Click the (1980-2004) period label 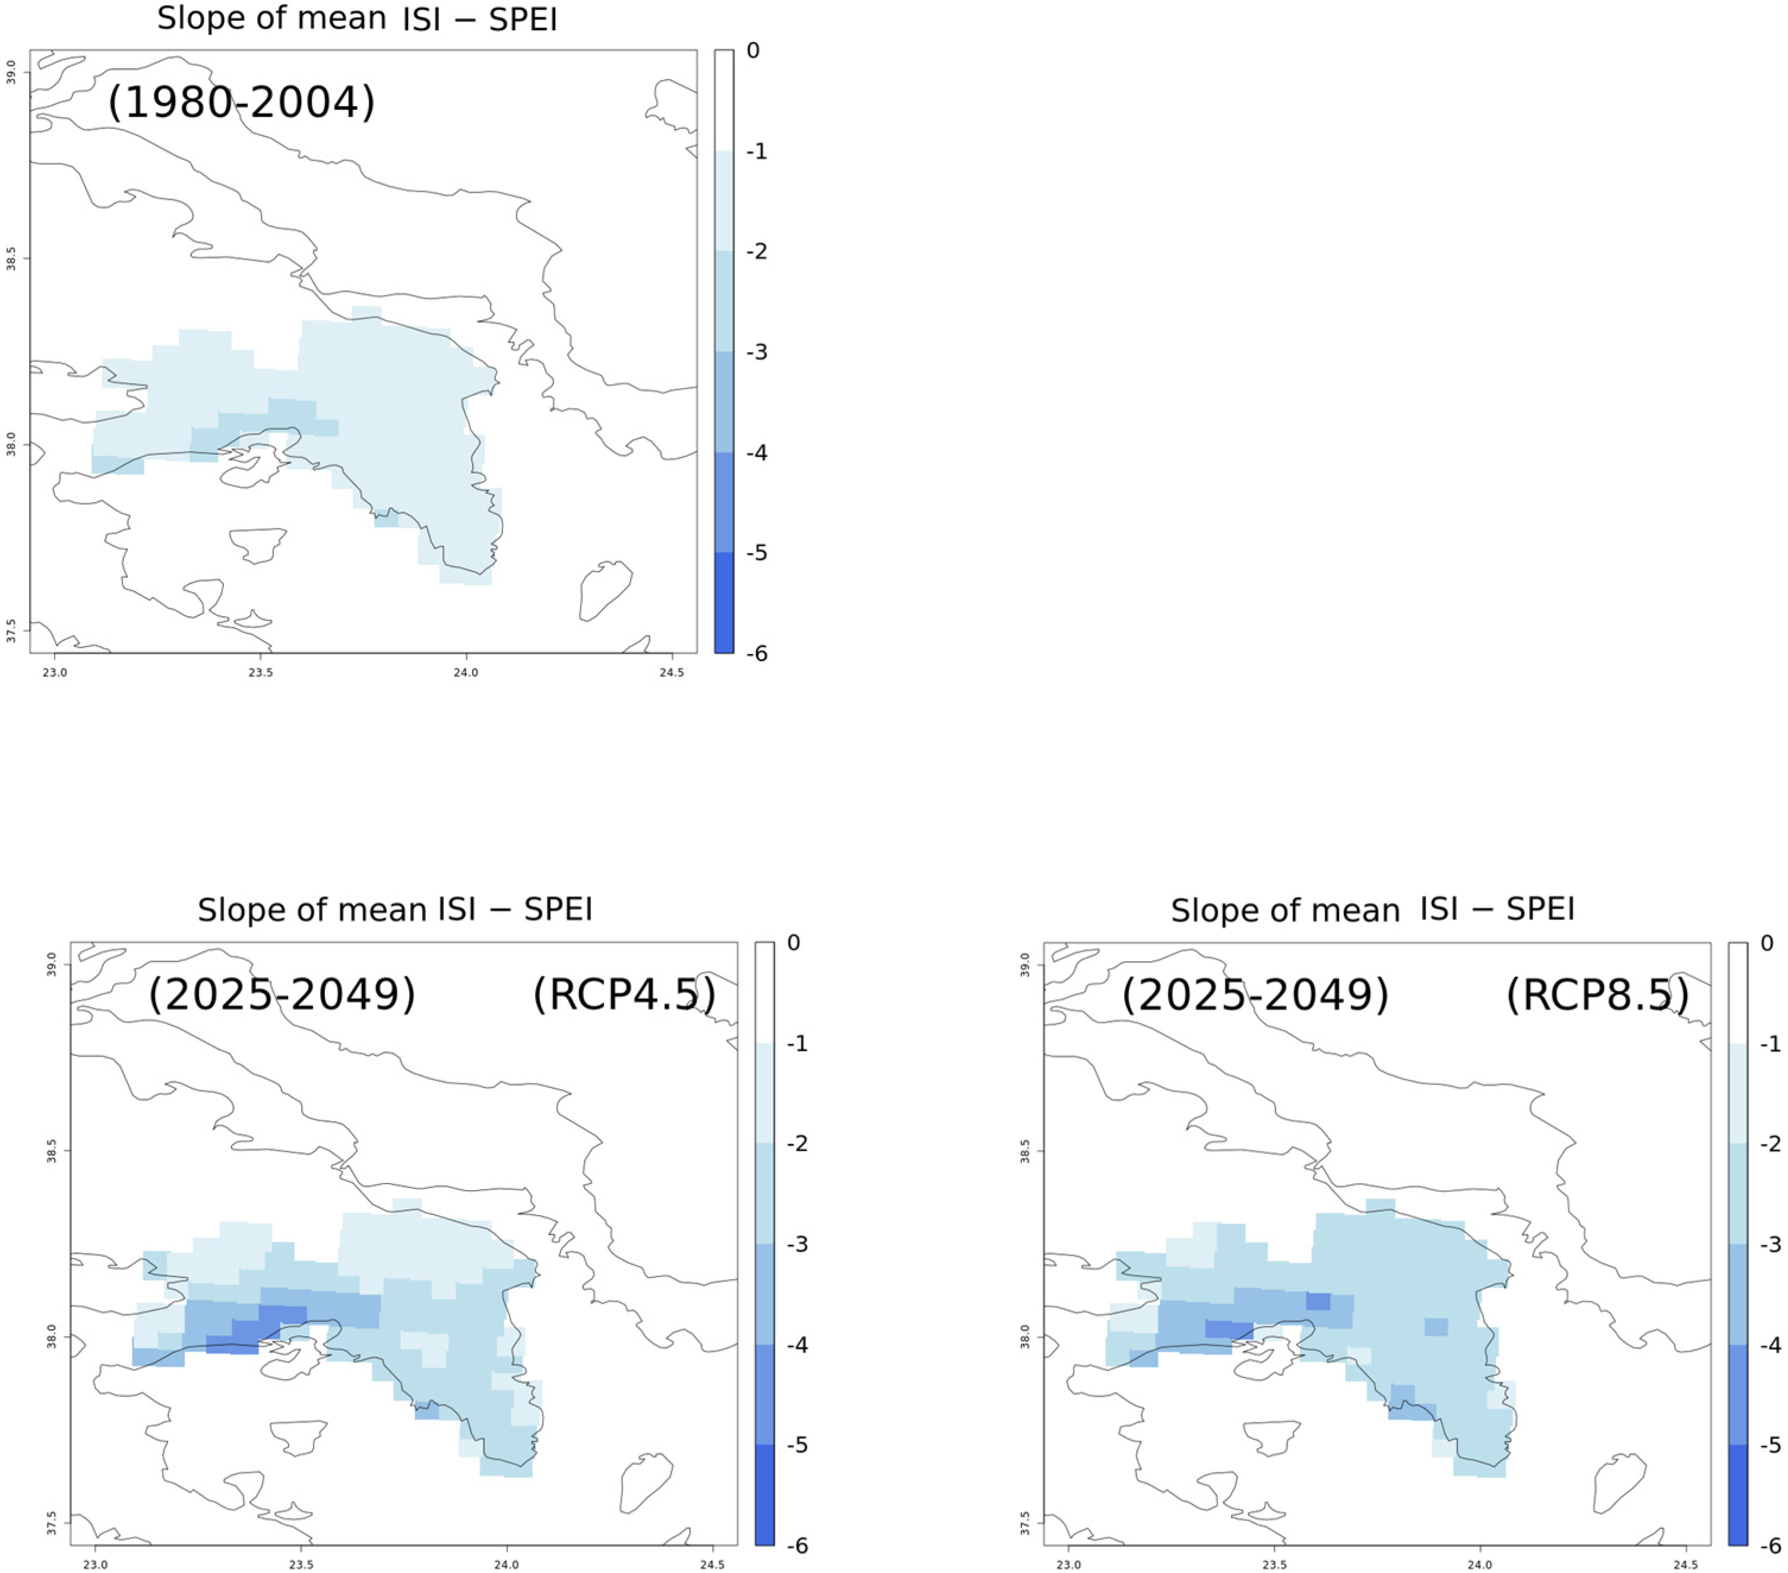[242, 102]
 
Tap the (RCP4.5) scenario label [625, 994]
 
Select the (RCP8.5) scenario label [1597, 994]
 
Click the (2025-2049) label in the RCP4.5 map [281, 994]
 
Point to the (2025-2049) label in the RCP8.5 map [1255, 994]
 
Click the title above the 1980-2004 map [357, 19]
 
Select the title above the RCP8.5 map [1372, 910]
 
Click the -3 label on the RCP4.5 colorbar [797, 1244]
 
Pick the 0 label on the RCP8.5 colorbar [1767, 943]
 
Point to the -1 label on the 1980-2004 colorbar [757, 151]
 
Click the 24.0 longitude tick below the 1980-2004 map [466, 673]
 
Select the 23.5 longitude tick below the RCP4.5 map [301, 1564]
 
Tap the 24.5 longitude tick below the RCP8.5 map [1686, 1564]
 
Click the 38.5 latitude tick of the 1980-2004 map [11, 259]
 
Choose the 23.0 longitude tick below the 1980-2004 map [55, 673]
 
